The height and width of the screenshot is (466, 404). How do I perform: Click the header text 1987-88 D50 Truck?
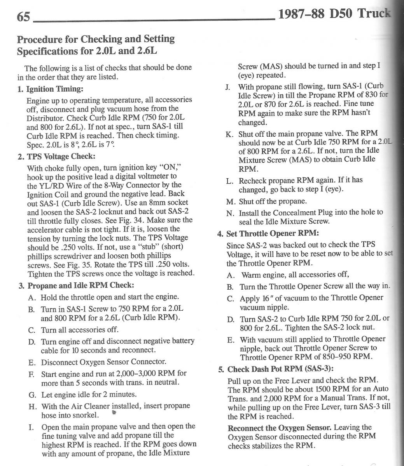(334, 14)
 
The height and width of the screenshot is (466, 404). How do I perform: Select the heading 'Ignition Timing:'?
(54, 89)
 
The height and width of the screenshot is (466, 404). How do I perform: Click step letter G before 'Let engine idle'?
(32, 395)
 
